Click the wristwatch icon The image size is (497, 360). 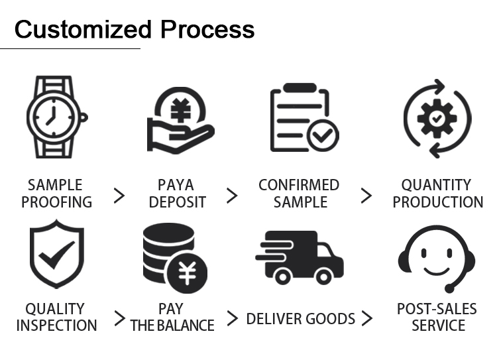[57, 117]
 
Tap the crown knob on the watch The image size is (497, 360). [83, 117]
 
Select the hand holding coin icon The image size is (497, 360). [181, 120]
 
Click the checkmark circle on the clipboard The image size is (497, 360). [323, 136]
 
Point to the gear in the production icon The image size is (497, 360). [437, 118]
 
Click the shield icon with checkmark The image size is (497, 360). [57, 254]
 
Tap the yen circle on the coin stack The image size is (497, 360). [188, 273]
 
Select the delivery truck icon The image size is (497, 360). [300, 257]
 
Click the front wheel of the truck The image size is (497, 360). [323, 277]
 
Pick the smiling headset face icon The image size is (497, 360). [437, 259]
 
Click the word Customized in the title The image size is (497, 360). [83, 29]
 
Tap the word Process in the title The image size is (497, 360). [207, 29]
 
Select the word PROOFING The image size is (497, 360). [57, 202]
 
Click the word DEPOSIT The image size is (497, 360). [178, 202]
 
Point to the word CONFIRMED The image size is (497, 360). [299, 185]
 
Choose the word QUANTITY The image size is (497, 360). [437, 185]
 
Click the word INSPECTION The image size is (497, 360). [57, 326]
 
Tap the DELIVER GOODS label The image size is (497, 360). [300, 319]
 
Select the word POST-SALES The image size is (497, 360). [437, 309]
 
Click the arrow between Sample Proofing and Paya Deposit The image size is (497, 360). [119, 196]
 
